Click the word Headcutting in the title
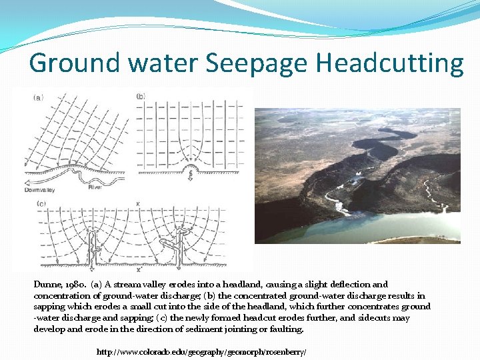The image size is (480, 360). pyautogui.click(x=389, y=63)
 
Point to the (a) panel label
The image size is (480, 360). pyautogui.click(x=39, y=97)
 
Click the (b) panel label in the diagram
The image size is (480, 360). pyautogui.click(x=141, y=97)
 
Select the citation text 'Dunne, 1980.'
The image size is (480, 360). pyautogui.click(x=57, y=284)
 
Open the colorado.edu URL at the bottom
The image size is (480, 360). pyautogui.click(x=201, y=351)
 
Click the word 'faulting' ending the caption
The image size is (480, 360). pyautogui.click(x=285, y=329)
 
